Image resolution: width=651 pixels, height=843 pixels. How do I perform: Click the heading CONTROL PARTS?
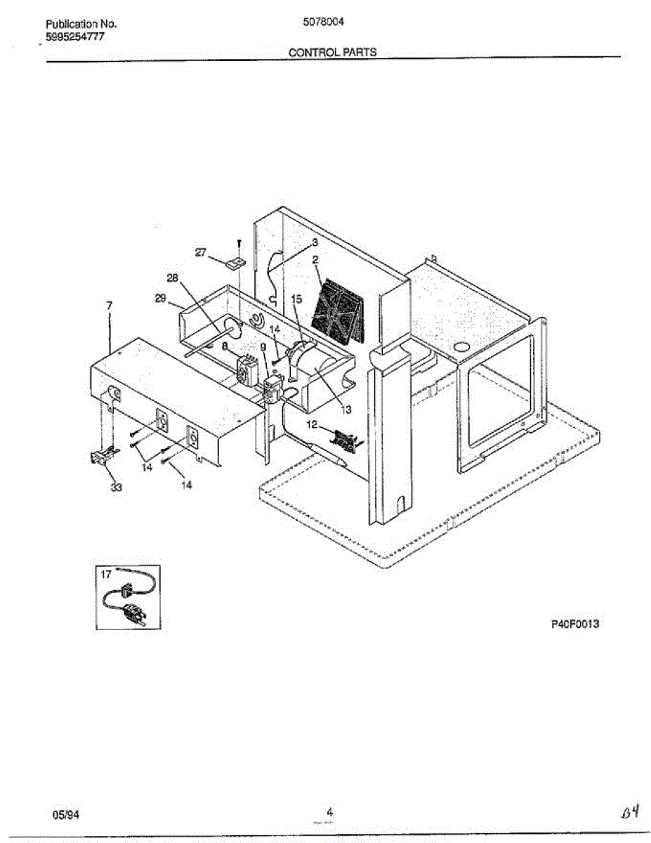(x=332, y=52)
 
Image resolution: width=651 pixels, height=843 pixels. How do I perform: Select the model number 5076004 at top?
(x=322, y=22)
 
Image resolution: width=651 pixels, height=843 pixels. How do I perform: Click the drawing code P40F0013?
(x=574, y=624)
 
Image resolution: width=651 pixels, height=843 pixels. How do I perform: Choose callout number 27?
(x=201, y=253)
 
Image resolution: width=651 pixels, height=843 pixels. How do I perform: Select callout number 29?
(x=160, y=298)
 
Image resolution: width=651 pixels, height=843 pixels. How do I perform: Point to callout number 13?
(x=346, y=408)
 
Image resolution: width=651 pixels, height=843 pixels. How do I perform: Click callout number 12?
(x=313, y=425)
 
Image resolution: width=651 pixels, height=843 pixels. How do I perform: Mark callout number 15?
(x=296, y=299)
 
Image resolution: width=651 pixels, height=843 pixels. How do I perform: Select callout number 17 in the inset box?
(x=106, y=574)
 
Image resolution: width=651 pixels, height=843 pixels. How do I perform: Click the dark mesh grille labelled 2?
(x=338, y=309)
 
